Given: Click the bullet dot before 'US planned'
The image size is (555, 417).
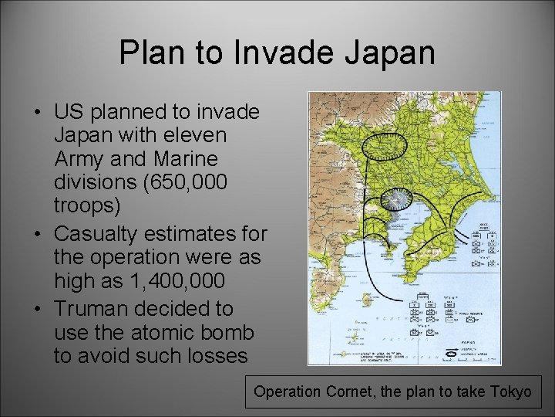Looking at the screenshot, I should point(37,113).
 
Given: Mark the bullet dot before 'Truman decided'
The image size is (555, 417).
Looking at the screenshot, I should point(37,309).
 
